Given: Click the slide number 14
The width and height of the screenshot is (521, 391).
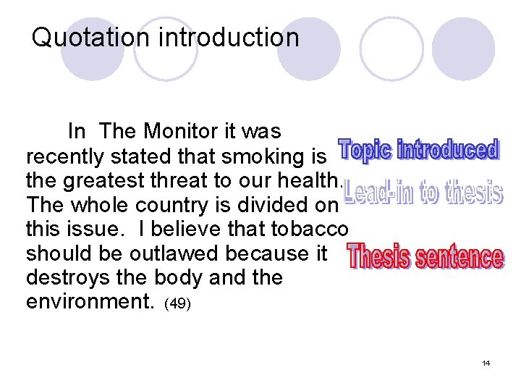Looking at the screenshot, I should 486,363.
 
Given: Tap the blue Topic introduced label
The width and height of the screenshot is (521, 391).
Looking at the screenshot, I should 419,151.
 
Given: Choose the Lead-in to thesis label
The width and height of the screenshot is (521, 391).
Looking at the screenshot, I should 423,193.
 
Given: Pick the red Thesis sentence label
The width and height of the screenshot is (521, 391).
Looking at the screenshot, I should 425,258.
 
